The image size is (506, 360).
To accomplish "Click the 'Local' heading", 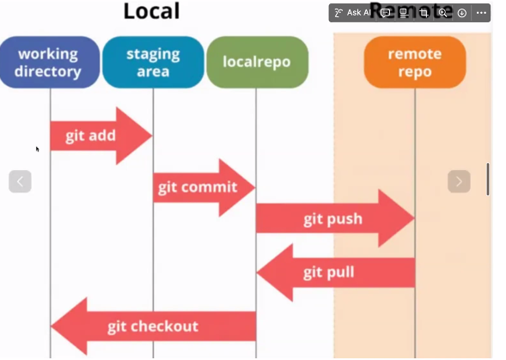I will point(151,12).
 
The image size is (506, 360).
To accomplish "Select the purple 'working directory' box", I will point(50,62).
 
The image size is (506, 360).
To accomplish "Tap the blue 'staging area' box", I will point(153,62).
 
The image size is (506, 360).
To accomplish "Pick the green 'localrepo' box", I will point(256,62).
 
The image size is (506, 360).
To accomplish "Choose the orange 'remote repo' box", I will point(415,62).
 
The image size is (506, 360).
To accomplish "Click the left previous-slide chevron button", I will point(21,181).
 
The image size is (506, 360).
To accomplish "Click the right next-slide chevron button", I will point(459,181).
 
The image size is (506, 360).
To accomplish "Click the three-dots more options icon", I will point(480,13).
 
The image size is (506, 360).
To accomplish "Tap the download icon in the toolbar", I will point(461,13).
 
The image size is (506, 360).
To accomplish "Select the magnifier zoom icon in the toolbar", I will point(442,13).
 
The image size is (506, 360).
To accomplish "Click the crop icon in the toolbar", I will point(424,13).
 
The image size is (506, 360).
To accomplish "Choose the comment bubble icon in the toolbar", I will point(387,13).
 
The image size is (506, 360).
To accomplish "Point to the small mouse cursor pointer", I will point(37,149).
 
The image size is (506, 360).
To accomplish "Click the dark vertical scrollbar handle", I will point(488,179).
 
